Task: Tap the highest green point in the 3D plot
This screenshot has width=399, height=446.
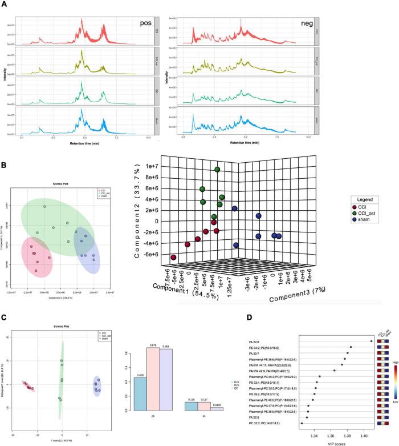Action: pyautogui.click(x=217, y=170)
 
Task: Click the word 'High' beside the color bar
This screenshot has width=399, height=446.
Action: pyautogui.click(x=394, y=361)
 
